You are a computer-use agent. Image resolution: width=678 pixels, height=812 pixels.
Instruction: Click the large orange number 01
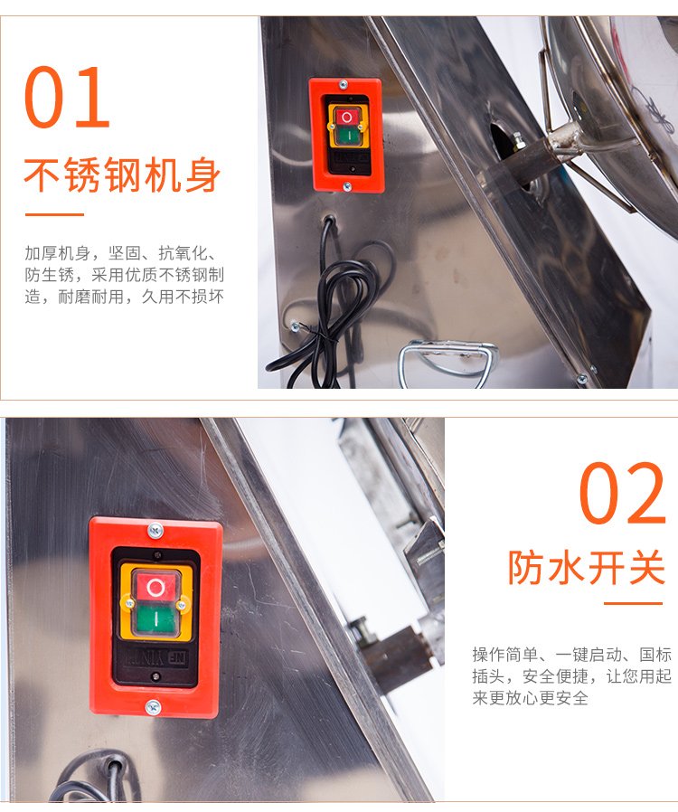[x=67, y=97]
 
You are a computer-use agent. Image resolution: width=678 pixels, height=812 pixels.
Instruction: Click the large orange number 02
[x=623, y=493]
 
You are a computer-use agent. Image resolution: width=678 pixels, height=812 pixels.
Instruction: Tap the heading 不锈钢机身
[x=123, y=175]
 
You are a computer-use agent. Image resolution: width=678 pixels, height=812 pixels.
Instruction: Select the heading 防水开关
[x=587, y=568]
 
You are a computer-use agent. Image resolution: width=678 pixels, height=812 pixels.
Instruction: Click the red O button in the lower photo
[x=155, y=587]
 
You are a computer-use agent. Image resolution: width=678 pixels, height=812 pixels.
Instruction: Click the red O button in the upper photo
[x=346, y=117]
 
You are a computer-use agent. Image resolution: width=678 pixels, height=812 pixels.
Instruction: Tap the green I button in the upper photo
[x=347, y=136]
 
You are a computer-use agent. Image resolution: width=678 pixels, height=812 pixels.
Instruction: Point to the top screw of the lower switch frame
[x=155, y=530]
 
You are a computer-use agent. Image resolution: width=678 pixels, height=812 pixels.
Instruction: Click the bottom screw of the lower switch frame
[x=153, y=707]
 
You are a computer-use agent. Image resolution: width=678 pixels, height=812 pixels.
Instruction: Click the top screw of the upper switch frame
[x=343, y=84]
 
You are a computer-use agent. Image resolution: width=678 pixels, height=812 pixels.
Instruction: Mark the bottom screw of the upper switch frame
[x=347, y=186]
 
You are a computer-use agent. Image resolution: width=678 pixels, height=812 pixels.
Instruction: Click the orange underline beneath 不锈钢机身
[x=54, y=214]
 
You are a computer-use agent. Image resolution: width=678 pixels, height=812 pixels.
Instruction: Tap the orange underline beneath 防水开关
[x=634, y=603]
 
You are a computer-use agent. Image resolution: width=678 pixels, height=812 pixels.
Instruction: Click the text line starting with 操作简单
[x=572, y=655]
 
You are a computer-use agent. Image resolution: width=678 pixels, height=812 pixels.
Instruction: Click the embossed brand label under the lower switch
[x=154, y=658]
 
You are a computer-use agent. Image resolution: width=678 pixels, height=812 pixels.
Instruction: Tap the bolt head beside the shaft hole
[x=517, y=140]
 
